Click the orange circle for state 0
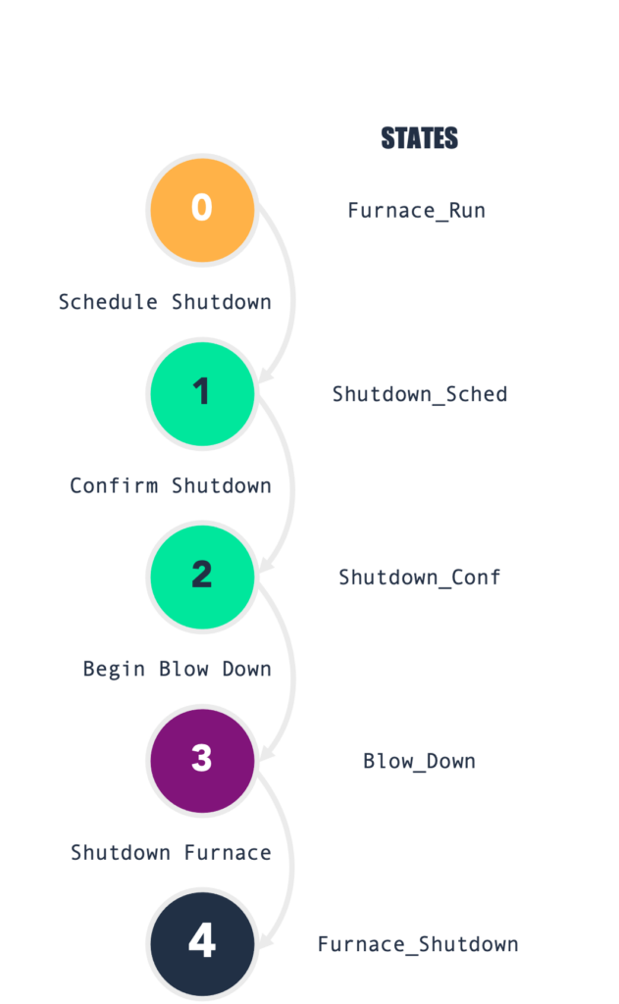click(x=201, y=209)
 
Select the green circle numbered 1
click(x=201, y=392)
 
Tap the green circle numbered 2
click(x=201, y=575)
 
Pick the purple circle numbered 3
click(x=201, y=759)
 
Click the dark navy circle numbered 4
click(x=201, y=941)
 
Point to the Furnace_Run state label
click(x=416, y=211)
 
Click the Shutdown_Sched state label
click(x=419, y=394)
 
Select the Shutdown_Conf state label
click(x=419, y=577)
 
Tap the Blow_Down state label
click(x=419, y=761)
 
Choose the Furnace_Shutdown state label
click(x=417, y=944)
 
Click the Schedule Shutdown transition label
click(x=164, y=302)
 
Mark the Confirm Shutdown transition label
click(x=170, y=485)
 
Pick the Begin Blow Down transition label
click(x=177, y=669)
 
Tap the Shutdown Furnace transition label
click(x=171, y=852)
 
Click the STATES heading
click(x=419, y=138)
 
